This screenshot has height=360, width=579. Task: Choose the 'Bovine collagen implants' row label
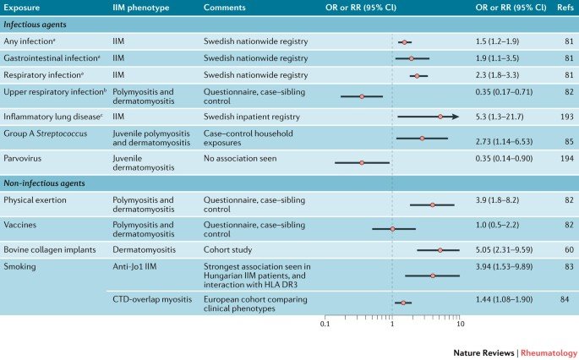point(52,250)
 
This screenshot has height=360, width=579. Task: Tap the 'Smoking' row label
point(20,265)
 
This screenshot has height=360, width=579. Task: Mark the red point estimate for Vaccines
point(392,228)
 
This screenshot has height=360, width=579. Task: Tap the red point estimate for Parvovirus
point(361,161)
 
